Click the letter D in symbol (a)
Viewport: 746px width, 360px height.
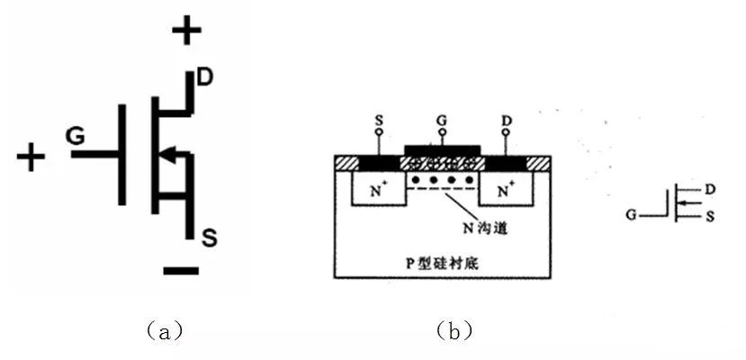[x=204, y=77]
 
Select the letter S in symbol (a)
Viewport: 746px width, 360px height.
[x=209, y=238]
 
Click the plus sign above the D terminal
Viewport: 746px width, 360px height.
[x=187, y=32]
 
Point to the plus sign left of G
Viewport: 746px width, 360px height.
[x=31, y=158]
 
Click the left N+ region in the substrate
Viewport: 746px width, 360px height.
[x=378, y=191]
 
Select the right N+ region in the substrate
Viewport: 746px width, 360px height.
[x=506, y=191]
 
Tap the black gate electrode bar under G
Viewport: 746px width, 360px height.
[x=442, y=148]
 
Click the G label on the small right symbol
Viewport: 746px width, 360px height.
[x=634, y=214]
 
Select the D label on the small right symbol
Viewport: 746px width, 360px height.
[x=711, y=190]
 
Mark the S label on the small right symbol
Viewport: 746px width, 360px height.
[x=711, y=216]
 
